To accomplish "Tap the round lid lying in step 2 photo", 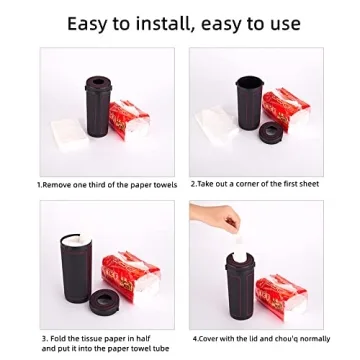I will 269,133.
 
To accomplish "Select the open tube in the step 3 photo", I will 74,270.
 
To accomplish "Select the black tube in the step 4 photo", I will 238,290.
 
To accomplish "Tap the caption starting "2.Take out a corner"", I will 255,185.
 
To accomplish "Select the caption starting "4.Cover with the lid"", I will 260,339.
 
